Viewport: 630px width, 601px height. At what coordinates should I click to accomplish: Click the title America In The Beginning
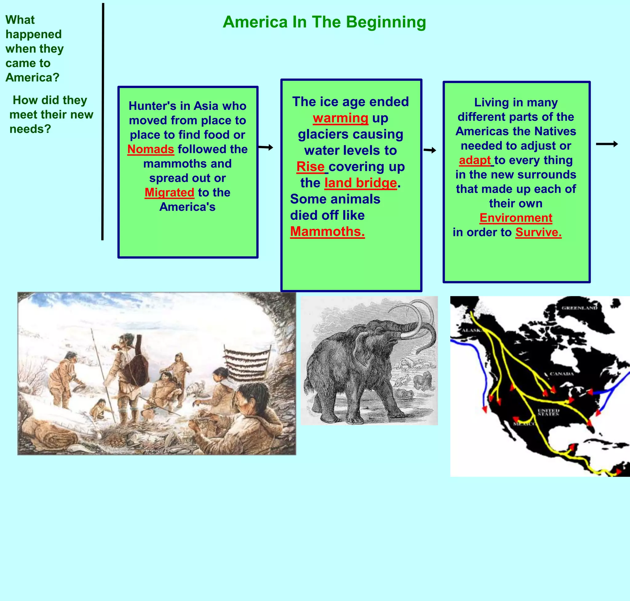(324, 22)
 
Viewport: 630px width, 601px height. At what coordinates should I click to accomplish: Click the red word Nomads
(150, 149)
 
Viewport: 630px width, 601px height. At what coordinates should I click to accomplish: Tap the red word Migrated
(169, 192)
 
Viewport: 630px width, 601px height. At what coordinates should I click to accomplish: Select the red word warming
(341, 118)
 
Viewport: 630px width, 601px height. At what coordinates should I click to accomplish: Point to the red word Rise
(310, 166)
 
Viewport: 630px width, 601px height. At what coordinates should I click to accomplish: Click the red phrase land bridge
(361, 182)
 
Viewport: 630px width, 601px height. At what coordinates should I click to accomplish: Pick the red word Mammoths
(327, 231)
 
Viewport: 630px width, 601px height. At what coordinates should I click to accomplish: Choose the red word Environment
(516, 218)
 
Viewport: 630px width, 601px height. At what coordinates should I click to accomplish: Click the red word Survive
(538, 232)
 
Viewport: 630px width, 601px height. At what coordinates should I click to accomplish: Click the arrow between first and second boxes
(265, 147)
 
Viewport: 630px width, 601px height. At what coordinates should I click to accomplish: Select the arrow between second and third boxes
(430, 150)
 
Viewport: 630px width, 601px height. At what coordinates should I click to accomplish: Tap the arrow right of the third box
(607, 144)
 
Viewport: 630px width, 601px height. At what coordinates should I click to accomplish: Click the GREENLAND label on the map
(579, 308)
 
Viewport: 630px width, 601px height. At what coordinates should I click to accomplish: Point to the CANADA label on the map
(562, 374)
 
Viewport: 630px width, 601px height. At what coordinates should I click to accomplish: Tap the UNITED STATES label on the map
(548, 412)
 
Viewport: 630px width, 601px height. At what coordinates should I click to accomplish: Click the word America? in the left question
(32, 78)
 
